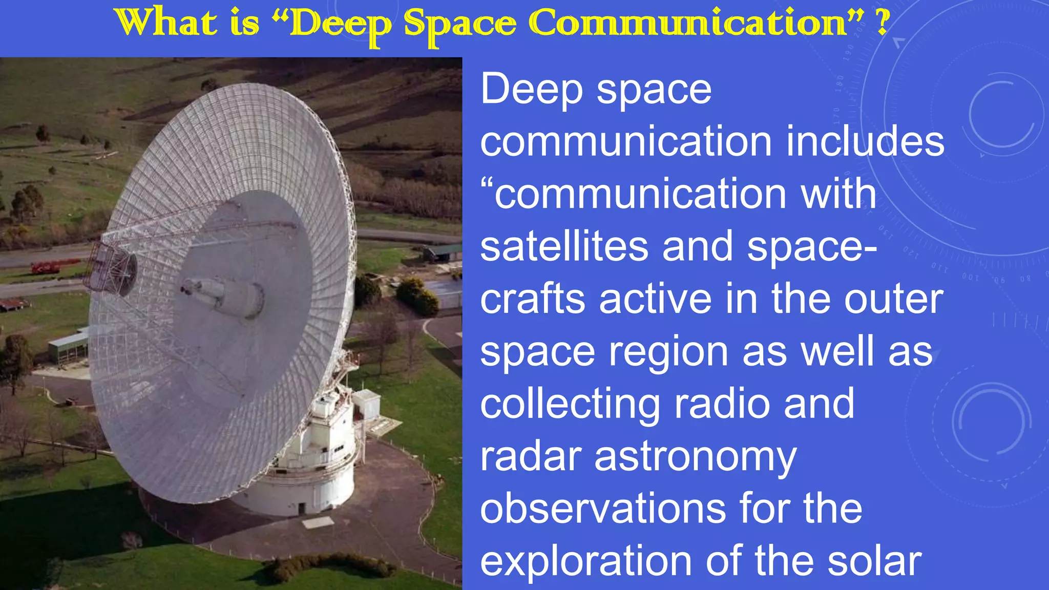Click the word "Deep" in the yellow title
coord(341,25)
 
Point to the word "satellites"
coord(564,246)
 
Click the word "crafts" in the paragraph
coord(532,299)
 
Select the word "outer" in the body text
coord(893,299)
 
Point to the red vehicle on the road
coord(51,266)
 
